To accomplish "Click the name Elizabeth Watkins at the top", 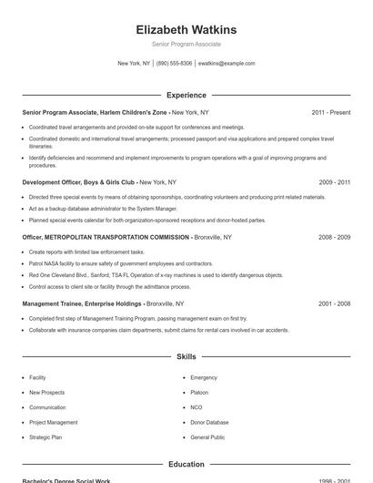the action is pos(186,30).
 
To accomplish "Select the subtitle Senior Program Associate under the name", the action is pos(186,44).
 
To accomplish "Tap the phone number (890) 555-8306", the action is pos(174,64).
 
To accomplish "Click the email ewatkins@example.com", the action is pos(227,64).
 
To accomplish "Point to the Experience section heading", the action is pos(186,95).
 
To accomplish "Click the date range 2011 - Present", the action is pos(330,112).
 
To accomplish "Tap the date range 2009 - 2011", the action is pos(334,181).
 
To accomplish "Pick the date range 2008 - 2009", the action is pos(334,237).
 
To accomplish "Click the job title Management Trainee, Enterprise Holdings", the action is pos(82,303).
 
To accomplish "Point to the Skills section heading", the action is pos(186,357).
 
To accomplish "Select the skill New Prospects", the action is pos(47,393).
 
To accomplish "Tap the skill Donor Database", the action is pos(209,423).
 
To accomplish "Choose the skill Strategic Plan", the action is pos(45,437).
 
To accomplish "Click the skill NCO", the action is pos(197,407).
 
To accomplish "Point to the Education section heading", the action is pos(186,464).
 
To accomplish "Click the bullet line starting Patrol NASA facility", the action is pos(121,262).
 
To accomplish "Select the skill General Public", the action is pos(207,437).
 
